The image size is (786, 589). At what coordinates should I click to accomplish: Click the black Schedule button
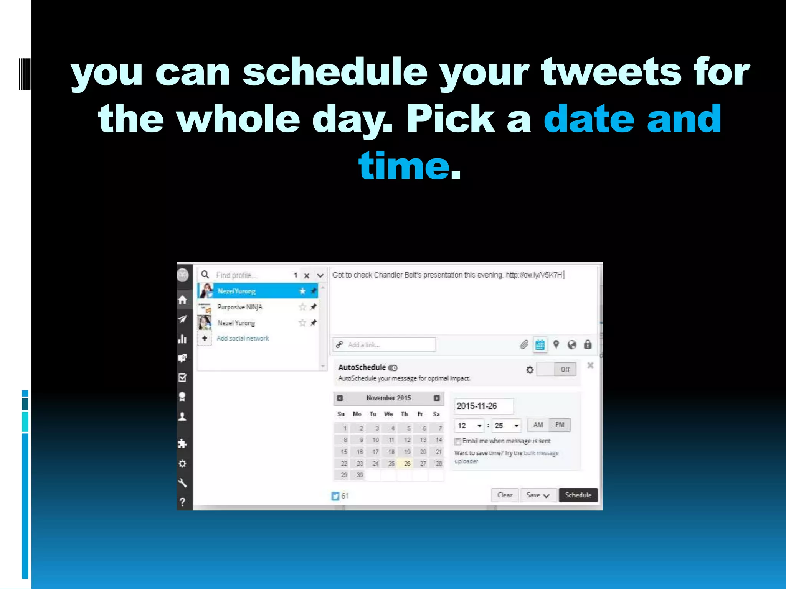[x=578, y=495]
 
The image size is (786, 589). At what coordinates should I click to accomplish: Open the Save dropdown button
[x=538, y=495]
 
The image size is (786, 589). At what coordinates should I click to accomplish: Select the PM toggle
[x=560, y=425]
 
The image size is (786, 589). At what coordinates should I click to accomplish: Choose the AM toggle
[x=538, y=425]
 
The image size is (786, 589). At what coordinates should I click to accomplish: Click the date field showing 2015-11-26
[x=484, y=406]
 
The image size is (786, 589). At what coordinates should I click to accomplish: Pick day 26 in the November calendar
[x=407, y=463]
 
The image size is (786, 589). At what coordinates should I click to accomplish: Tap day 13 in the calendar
[x=423, y=440]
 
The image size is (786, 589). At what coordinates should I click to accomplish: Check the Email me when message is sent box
[x=457, y=441]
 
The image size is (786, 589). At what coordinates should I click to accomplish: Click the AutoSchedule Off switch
[x=556, y=369]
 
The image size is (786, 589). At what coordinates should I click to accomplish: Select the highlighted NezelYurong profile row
[x=257, y=291]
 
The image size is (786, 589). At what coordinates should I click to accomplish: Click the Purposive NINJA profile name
[x=240, y=307]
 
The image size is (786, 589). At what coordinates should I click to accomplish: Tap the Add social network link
[x=243, y=338]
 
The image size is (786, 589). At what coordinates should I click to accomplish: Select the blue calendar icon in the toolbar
[x=540, y=345]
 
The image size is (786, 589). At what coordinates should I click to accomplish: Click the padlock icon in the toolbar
[x=588, y=344]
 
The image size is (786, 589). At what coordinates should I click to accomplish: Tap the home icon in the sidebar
[x=183, y=299]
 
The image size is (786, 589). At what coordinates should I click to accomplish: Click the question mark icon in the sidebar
[x=183, y=502]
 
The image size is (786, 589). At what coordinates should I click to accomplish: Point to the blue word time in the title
[x=404, y=166]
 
